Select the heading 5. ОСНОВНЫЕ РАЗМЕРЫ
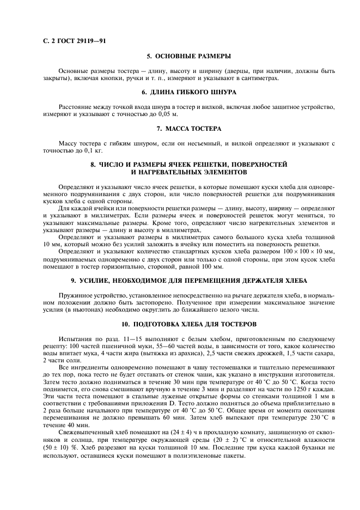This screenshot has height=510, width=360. [189, 56]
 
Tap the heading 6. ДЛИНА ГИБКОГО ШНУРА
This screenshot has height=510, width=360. [189, 92]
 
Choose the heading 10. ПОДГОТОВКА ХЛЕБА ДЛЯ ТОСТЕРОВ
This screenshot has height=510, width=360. [189, 324]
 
